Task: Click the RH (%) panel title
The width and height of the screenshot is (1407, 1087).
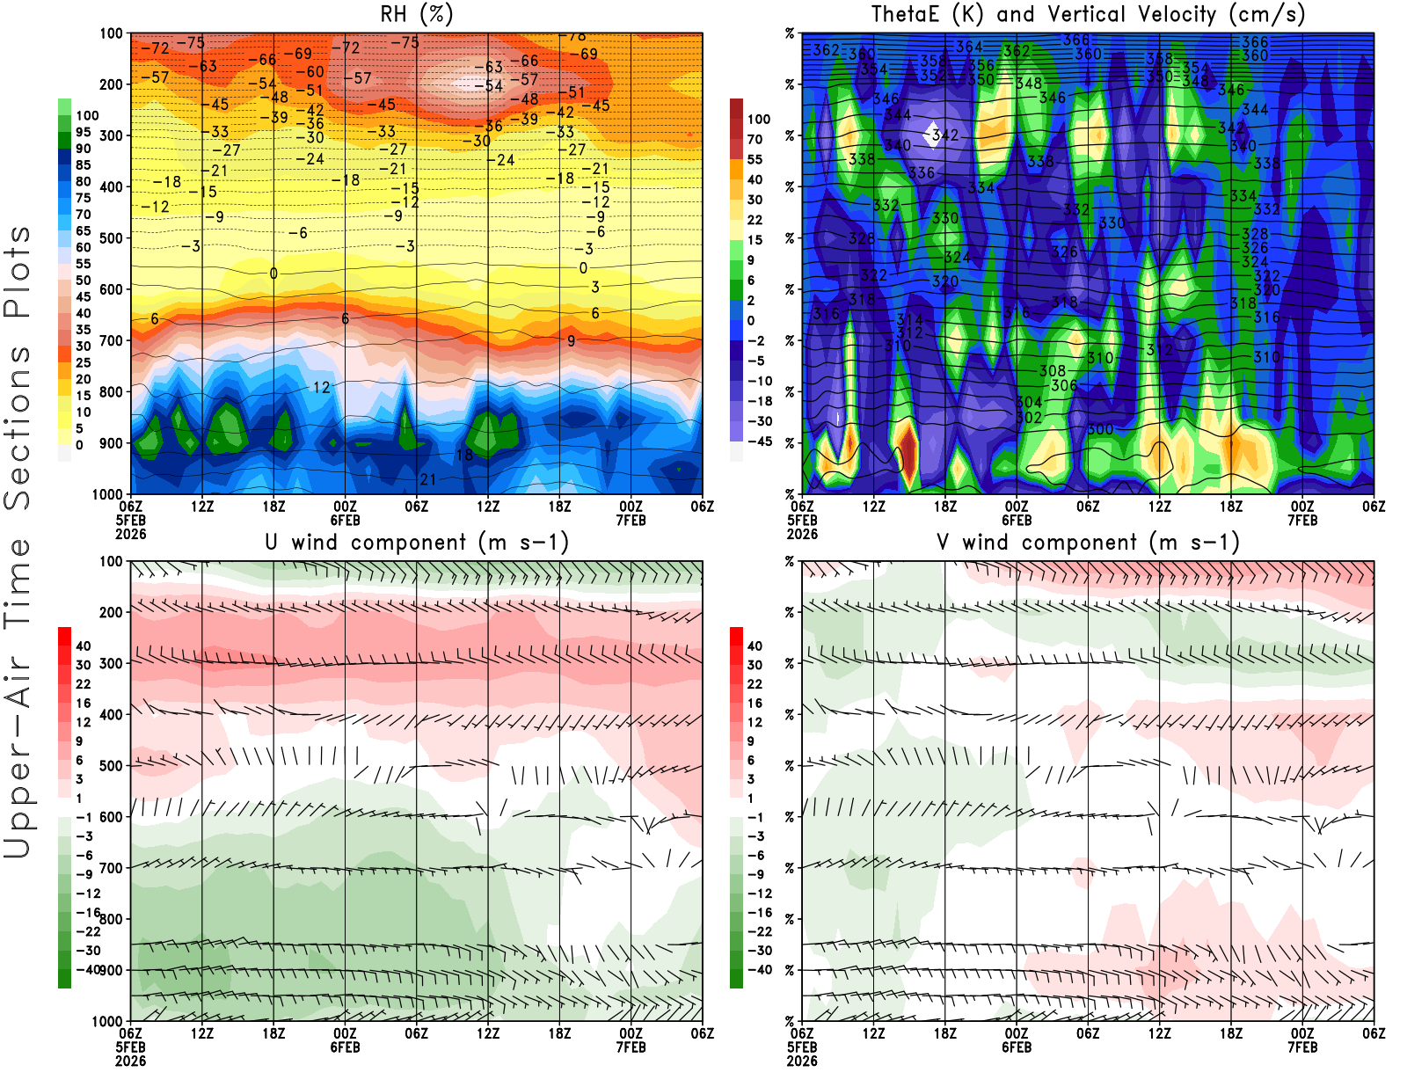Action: click(416, 14)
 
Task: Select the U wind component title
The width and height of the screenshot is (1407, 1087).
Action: click(416, 542)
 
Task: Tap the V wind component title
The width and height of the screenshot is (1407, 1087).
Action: click(1088, 542)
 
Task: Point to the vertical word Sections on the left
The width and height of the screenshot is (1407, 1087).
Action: click(18, 427)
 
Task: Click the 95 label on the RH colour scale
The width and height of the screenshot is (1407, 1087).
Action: click(83, 132)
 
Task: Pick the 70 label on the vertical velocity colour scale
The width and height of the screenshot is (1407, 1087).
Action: click(755, 139)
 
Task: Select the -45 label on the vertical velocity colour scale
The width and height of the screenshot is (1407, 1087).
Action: click(759, 441)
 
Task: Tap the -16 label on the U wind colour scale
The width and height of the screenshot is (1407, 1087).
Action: click(87, 913)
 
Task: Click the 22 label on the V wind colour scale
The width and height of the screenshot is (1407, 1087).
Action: click(755, 684)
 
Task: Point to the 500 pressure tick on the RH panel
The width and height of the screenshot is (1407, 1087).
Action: click(111, 237)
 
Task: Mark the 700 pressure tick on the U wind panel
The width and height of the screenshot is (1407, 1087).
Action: click(111, 868)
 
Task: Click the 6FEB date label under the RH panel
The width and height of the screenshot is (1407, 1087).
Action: click(345, 520)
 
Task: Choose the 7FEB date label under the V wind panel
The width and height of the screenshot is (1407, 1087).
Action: click(1302, 1047)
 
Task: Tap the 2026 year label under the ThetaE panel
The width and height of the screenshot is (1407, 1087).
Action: click(802, 534)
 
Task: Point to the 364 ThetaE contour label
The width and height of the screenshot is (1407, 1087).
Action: click(969, 47)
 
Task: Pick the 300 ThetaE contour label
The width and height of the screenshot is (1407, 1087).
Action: click(1099, 429)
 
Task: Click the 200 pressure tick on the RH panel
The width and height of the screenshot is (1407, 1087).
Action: click(111, 84)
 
